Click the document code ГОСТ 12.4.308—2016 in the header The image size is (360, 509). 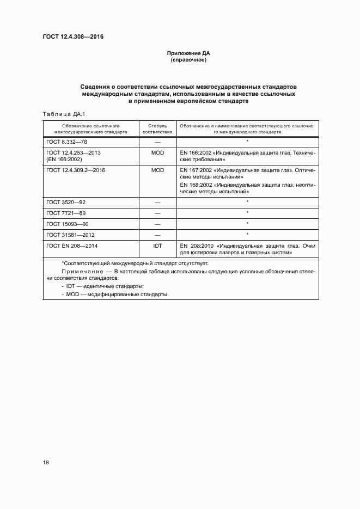point(73,37)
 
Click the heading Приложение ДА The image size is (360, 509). point(188,53)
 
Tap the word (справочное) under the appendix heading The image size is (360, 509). point(188,60)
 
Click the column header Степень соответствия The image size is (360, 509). point(157,128)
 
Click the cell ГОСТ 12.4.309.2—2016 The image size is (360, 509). point(76,170)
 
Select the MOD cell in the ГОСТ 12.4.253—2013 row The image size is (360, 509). point(157,153)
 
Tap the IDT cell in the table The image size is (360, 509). point(157,246)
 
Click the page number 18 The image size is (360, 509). point(46,462)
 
